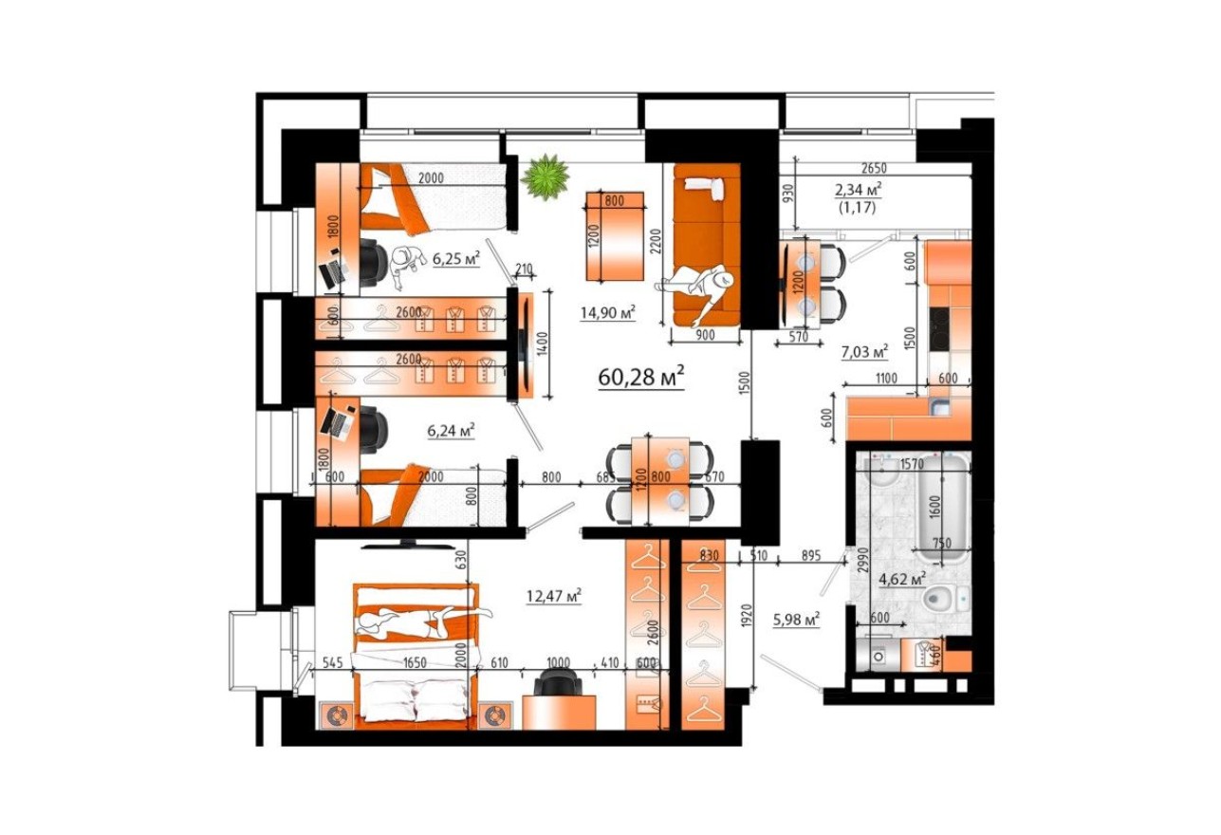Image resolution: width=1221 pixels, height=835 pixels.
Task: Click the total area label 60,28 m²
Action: point(641,377)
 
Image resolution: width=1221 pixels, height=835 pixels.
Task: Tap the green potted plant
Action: point(545,176)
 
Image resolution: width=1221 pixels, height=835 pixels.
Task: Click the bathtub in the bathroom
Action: point(942,505)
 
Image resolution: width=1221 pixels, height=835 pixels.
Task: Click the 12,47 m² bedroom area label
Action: point(553,596)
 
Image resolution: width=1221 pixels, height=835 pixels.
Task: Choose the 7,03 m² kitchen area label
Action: point(864,352)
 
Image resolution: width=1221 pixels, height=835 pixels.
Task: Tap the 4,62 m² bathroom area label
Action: point(901,577)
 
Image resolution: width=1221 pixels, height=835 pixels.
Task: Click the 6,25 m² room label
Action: point(456,258)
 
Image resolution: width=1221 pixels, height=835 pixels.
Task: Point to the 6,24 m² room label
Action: point(451,430)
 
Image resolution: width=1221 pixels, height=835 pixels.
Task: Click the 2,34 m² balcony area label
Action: point(859,188)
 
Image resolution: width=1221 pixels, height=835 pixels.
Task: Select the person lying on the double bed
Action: point(417,622)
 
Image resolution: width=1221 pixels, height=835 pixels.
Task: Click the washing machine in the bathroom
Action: point(879,655)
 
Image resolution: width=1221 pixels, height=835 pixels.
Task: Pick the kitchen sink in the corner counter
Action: point(940,409)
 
